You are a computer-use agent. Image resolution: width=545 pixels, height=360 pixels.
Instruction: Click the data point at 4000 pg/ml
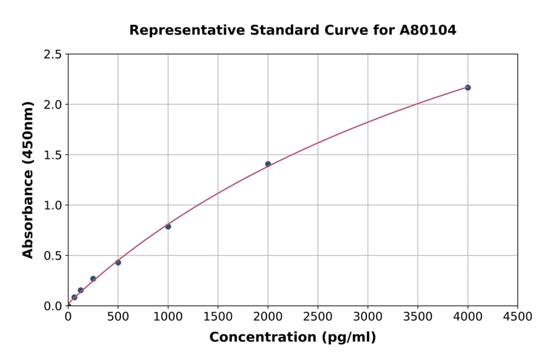(x=467, y=87)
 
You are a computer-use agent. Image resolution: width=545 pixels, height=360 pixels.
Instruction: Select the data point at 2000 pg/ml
(x=268, y=164)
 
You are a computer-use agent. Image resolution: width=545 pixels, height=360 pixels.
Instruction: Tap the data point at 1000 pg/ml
(x=168, y=227)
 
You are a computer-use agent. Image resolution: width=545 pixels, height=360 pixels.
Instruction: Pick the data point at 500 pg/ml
(x=118, y=262)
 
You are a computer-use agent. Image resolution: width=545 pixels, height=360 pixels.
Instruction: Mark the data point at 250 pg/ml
(x=93, y=279)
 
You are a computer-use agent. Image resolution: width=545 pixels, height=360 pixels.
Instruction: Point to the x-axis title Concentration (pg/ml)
(x=292, y=338)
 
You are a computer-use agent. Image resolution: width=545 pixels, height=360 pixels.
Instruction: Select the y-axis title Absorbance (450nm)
(x=28, y=179)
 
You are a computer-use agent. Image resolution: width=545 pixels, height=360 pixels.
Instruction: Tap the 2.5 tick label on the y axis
(x=53, y=55)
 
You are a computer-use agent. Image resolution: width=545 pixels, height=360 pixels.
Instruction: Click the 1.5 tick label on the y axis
(x=53, y=155)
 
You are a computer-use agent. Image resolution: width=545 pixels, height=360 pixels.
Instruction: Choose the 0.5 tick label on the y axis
(x=53, y=256)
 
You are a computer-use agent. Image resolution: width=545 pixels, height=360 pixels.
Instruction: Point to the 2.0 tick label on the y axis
(x=53, y=105)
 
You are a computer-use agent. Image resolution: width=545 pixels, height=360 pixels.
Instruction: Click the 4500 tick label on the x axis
(x=518, y=317)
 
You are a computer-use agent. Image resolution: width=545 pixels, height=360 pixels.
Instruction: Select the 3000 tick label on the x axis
(x=368, y=317)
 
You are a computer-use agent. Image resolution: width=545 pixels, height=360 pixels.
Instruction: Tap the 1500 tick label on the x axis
(x=218, y=317)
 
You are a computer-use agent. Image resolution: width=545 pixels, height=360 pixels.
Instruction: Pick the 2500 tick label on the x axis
(x=318, y=317)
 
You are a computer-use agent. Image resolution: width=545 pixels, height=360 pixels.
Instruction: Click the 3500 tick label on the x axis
(x=418, y=317)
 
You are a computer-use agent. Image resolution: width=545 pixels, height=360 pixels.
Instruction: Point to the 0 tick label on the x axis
(x=68, y=317)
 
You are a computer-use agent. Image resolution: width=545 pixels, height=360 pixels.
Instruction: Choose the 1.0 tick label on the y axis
(x=53, y=205)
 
